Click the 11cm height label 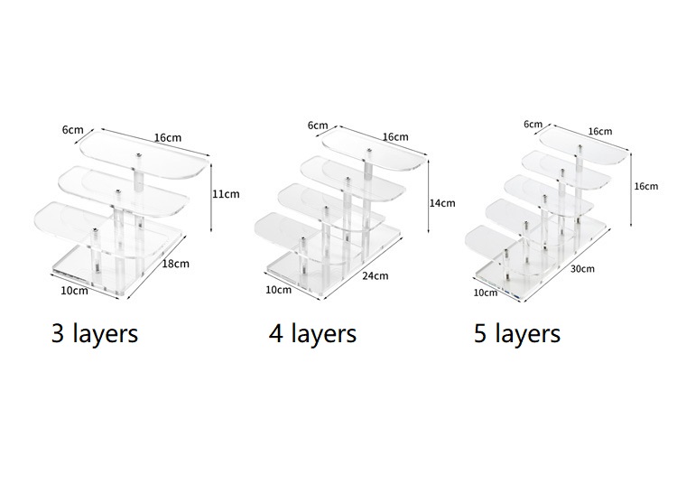point(226,194)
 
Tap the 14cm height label point(442,203)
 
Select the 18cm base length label point(175,264)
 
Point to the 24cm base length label point(376,275)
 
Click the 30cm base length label point(582,268)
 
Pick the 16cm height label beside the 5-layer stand point(646,186)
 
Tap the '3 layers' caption point(95,334)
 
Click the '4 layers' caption point(312,334)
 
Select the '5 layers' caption point(517,334)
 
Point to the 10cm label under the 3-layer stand point(74,291)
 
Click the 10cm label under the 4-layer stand point(279,290)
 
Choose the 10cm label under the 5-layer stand point(486,293)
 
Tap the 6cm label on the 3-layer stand point(72,129)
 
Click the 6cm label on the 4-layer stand point(318,126)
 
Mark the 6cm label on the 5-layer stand point(533,125)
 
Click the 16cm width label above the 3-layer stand point(168,138)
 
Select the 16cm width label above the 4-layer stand point(395,137)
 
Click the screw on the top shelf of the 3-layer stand point(139,154)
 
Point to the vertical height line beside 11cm point(211,197)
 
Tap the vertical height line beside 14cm point(428,196)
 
